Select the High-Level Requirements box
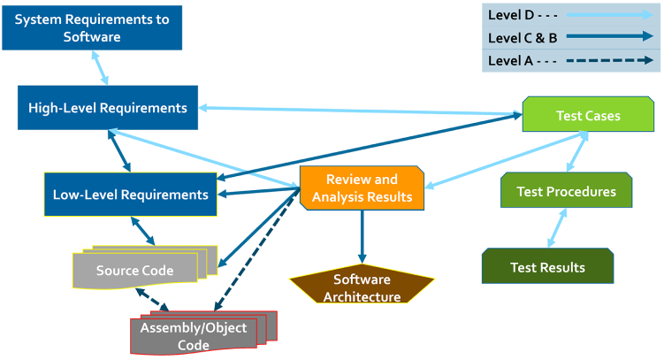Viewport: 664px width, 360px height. point(108,109)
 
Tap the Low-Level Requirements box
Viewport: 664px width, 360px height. point(130,195)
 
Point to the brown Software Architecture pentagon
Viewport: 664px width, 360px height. point(362,287)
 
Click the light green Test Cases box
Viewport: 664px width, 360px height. point(588,116)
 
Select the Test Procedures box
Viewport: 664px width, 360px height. point(566,191)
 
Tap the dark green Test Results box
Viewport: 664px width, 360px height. point(547,266)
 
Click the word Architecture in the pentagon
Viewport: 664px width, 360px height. point(362,296)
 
